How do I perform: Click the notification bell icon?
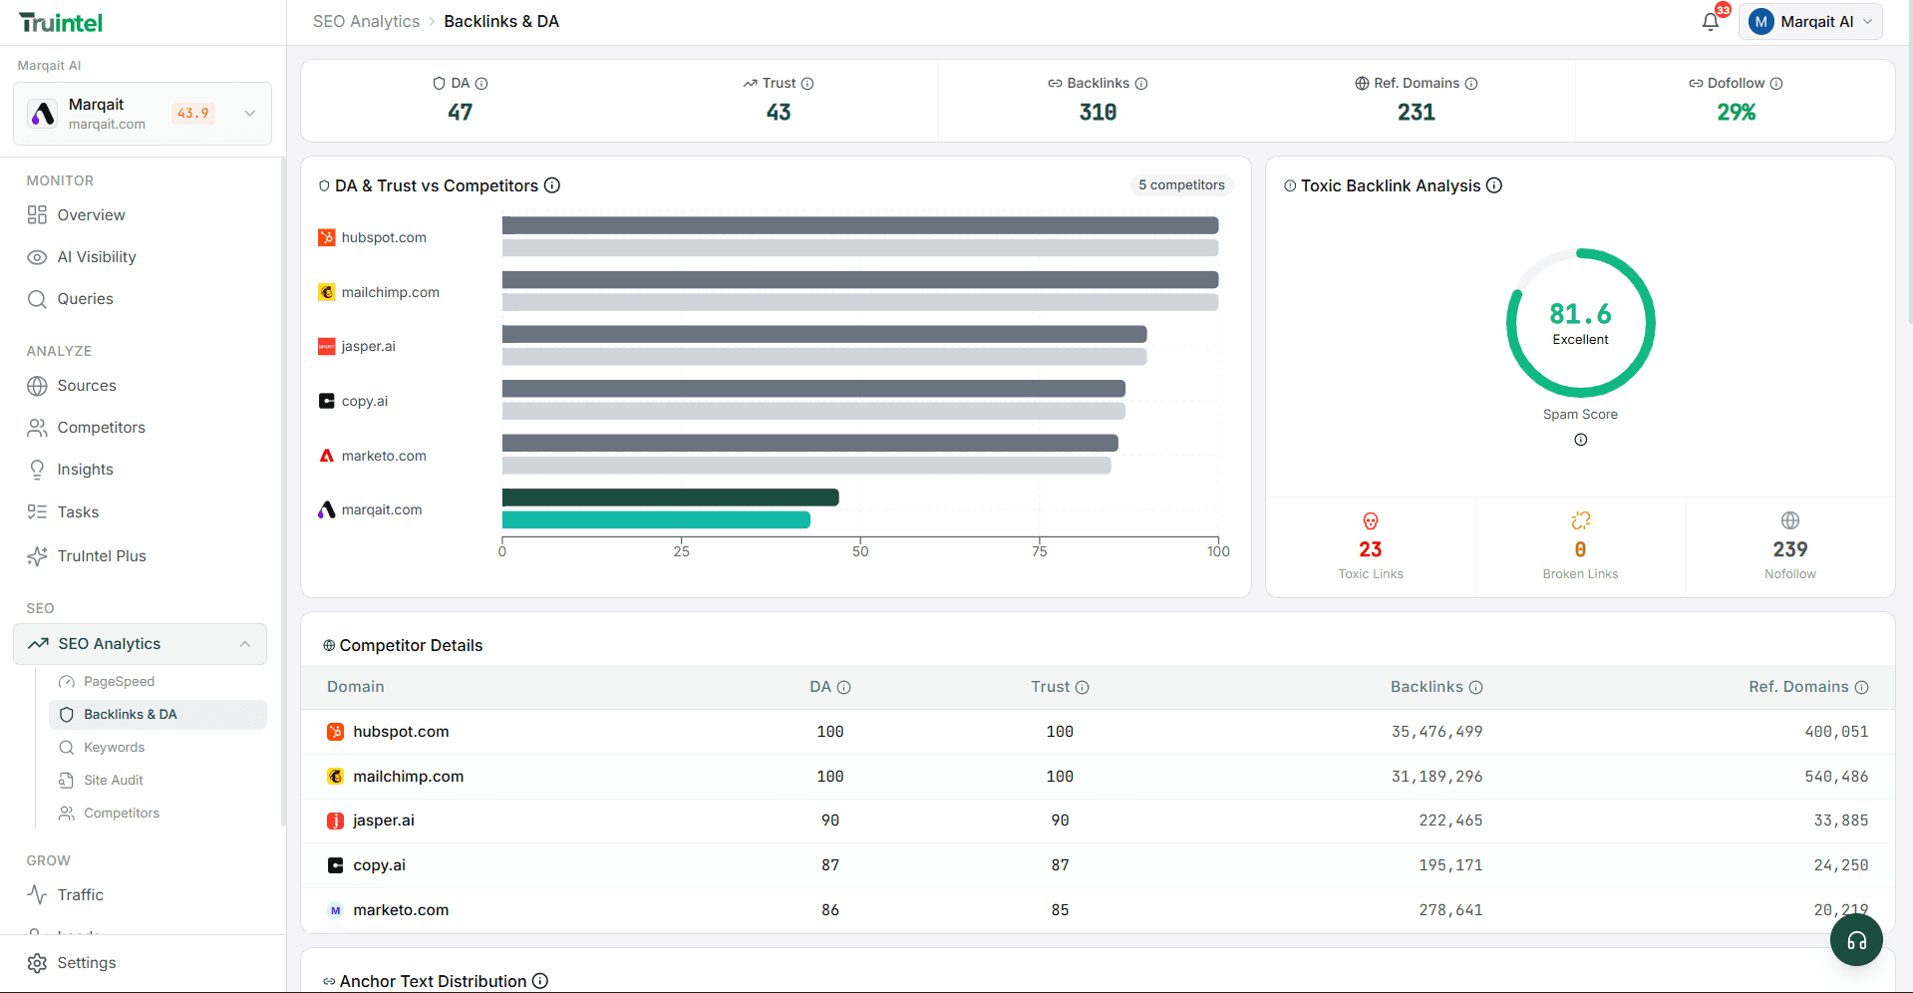coord(1710,22)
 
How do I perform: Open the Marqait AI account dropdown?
coord(1810,22)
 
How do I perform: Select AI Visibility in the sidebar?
coord(96,257)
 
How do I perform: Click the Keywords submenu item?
coord(114,748)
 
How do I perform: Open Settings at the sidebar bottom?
coord(86,963)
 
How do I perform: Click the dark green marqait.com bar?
coord(670,497)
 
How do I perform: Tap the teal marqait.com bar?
coord(656,520)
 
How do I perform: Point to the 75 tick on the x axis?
coord(1039,551)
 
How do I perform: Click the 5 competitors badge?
coord(1181,185)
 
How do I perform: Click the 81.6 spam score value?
coord(1580,314)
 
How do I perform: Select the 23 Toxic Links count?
coord(1370,549)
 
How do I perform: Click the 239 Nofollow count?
coord(1789,549)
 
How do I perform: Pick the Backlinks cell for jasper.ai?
coord(1450,821)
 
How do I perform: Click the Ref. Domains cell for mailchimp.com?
coord(1835,777)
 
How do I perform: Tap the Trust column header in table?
coord(1051,687)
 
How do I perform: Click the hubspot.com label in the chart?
coord(383,238)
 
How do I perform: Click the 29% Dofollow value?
coord(1736,113)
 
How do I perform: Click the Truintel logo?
coord(61,23)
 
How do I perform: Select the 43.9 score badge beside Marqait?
coord(193,114)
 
